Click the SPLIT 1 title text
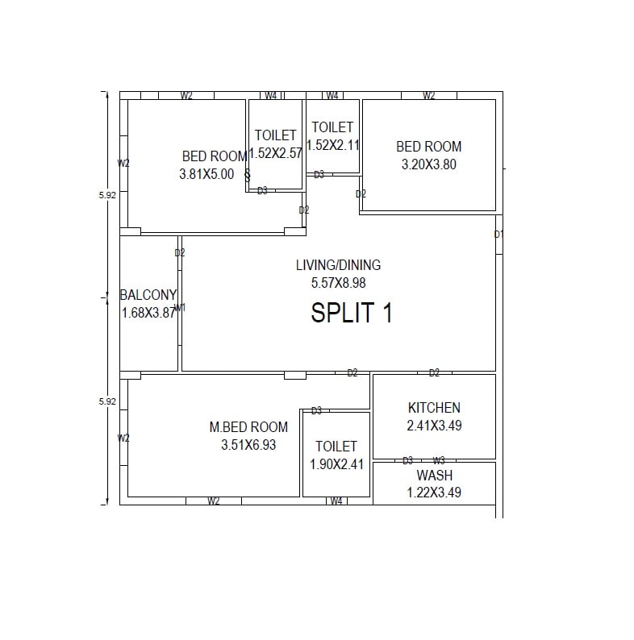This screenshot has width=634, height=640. pyautogui.click(x=352, y=313)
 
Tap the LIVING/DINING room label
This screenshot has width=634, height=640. pyautogui.click(x=338, y=265)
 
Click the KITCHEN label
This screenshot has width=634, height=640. pyautogui.click(x=434, y=408)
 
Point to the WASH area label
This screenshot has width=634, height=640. pyautogui.click(x=434, y=476)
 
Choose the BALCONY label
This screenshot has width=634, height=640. pyautogui.click(x=148, y=295)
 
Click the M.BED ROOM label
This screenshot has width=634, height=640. pyautogui.click(x=248, y=427)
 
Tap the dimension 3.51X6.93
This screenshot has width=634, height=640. pyautogui.click(x=248, y=445)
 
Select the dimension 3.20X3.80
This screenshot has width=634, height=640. pyautogui.click(x=429, y=164)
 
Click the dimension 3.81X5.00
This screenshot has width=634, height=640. pyautogui.click(x=206, y=173)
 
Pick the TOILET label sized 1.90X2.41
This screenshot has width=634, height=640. pyautogui.click(x=336, y=447)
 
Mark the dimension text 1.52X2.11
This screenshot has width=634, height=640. pyautogui.click(x=333, y=145)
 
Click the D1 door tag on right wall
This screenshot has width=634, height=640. pyautogui.click(x=498, y=235)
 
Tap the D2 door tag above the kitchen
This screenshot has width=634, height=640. pyautogui.click(x=434, y=373)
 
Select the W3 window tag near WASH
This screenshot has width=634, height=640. pyautogui.click(x=439, y=460)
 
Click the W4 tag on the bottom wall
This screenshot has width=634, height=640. pyautogui.click(x=336, y=501)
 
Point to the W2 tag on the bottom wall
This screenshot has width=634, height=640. pyautogui.click(x=213, y=501)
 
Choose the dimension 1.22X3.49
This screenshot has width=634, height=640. pyautogui.click(x=434, y=492)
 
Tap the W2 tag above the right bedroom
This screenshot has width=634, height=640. pyautogui.click(x=429, y=96)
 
